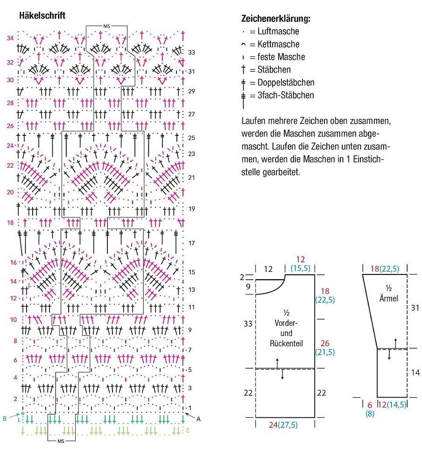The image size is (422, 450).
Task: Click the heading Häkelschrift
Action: tap(42, 15)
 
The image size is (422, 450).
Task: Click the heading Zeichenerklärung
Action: tap(275, 19)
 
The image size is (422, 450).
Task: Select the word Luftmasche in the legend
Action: tap(278, 31)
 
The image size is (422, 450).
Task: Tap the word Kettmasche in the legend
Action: tap(279, 44)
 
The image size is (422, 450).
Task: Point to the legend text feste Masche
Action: tap(281, 57)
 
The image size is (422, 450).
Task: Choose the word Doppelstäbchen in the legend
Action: tap(286, 83)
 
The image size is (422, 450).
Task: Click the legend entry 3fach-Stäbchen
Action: tap(286, 95)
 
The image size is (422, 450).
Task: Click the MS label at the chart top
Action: tap(106, 26)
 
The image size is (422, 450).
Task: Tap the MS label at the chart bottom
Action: tap(61, 441)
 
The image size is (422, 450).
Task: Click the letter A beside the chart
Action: tap(198, 419)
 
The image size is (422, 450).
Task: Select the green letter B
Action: tap(5, 419)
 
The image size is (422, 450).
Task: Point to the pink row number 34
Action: tap(10, 38)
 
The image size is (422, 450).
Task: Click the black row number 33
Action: tap(191, 53)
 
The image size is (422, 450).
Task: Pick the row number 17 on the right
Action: tap(192, 243)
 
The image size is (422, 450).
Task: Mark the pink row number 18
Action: tap(10, 223)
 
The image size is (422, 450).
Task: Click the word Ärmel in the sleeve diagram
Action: tap(389, 298)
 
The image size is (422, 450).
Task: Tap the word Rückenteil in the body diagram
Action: tap(286, 344)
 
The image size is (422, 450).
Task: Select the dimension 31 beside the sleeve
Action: tap(415, 308)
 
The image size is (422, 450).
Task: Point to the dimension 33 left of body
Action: tap(248, 323)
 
